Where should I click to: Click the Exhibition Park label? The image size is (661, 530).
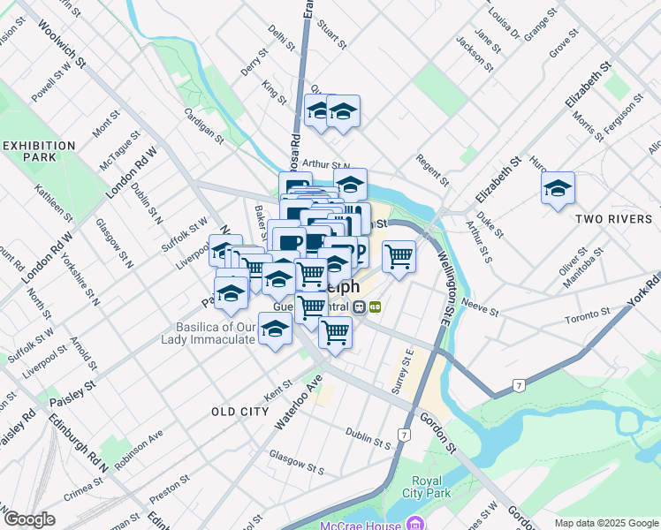(39, 151)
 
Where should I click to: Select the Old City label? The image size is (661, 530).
(239, 412)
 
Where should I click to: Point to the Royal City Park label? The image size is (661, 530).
(425, 487)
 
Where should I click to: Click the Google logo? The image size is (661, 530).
(30, 519)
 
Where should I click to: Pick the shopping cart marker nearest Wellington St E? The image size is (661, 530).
(399, 256)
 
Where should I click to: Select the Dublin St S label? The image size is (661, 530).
(368, 437)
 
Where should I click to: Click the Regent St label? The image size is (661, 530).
(432, 170)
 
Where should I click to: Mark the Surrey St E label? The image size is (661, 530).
(403, 369)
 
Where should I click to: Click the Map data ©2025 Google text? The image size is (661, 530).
(605, 523)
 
